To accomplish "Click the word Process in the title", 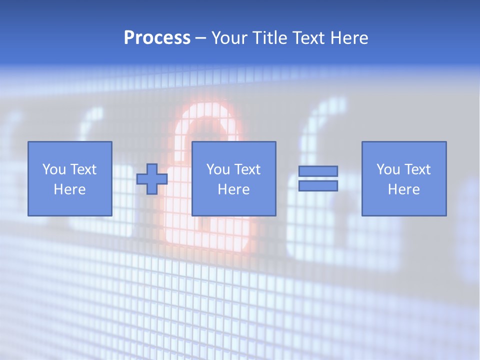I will click(x=157, y=38).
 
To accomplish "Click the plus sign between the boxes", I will click(x=152, y=179).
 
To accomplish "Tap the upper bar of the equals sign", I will click(x=318, y=171).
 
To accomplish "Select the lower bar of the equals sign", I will click(x=318, y=185).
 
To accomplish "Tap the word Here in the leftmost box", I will click(x=70, y=189).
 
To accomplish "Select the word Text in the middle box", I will click(x=247, y=169).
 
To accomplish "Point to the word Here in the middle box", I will click(x=234, y=189).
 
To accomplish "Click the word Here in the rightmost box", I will click(x=404, y=189).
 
